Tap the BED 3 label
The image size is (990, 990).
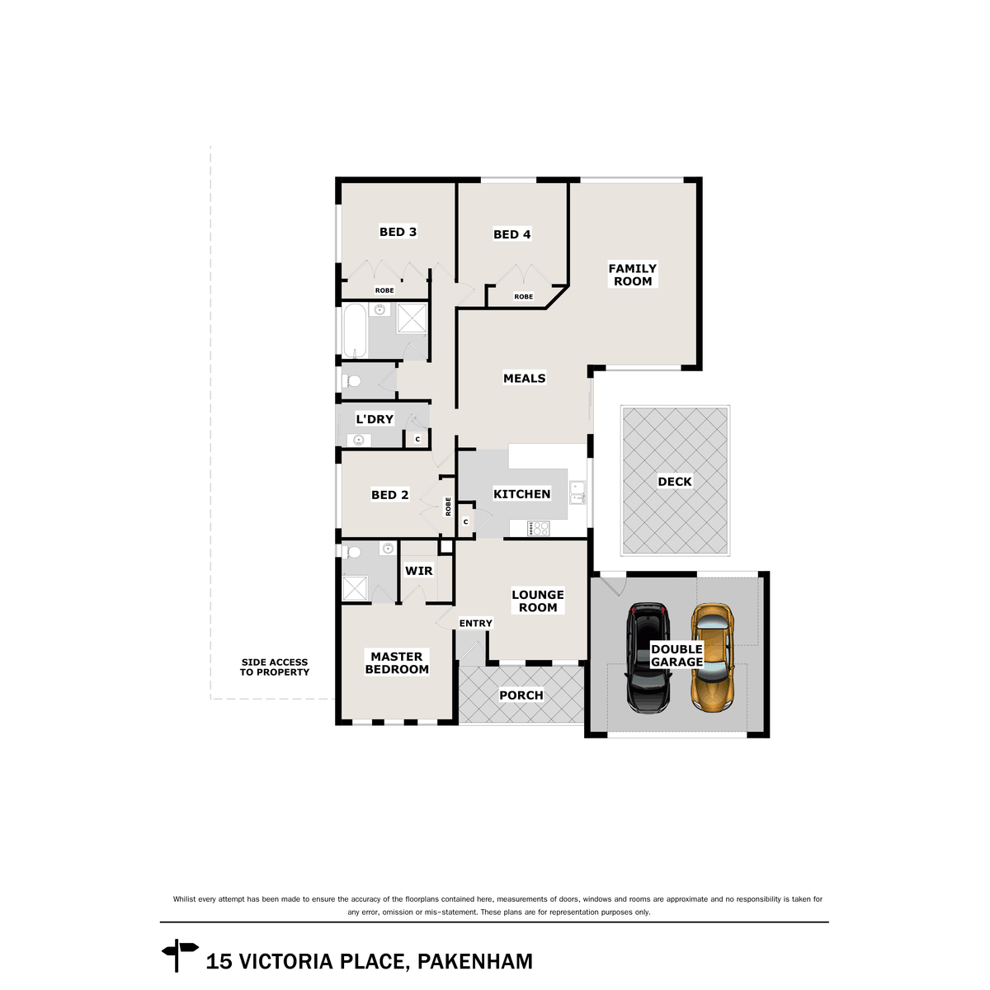(398, 232)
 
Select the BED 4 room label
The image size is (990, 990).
(511, 234)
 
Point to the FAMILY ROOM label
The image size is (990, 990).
(633, 275)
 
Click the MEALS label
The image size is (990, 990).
(525, 379)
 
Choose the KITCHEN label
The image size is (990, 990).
(521, 494)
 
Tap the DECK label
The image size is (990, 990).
(675, 482)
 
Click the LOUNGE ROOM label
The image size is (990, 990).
(538, 601)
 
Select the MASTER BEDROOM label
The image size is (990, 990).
(397, 662)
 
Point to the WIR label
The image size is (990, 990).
(419, 571)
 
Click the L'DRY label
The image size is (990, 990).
(375, 419)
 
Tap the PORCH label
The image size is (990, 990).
(521, 695)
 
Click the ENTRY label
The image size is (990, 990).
(476, 624)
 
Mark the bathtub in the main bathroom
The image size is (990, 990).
(355, 331)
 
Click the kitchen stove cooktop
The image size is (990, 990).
(540, 528)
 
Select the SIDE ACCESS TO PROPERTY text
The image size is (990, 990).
(275, 667)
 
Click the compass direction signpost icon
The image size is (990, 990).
(179, 955)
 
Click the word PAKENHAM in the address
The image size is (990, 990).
(475, 962)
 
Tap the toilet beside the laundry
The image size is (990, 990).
(351, 381)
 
